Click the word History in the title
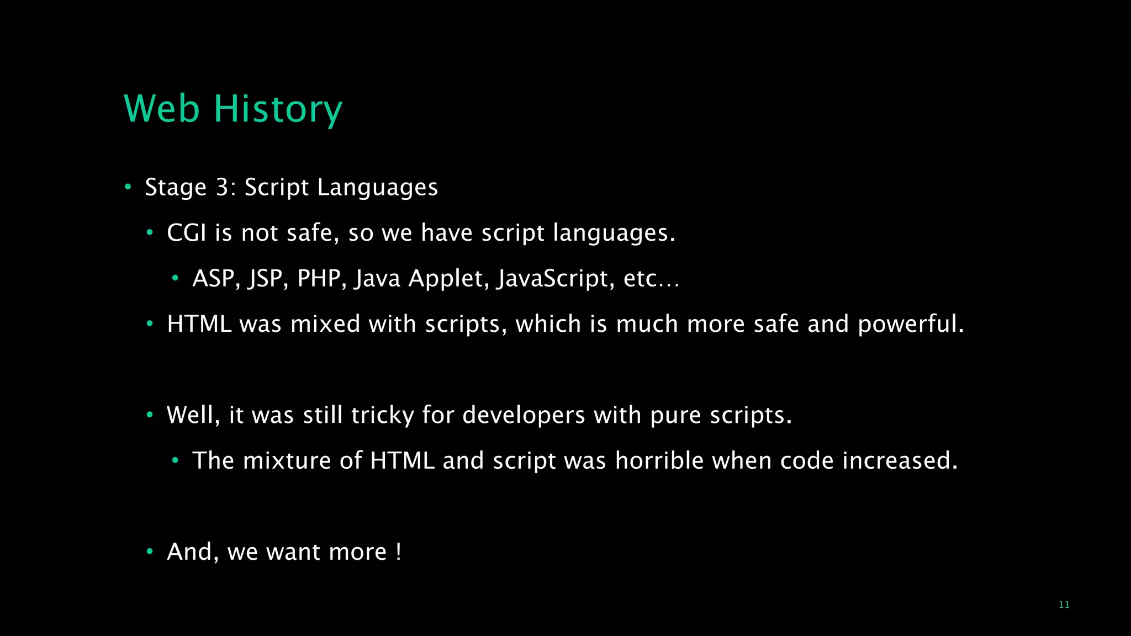[278, 109]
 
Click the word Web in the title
[161, 109]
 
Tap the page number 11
[1064, 605]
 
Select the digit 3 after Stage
[222, 187]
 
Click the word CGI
[186, 232]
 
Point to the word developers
[524, 415]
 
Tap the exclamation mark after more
[398, 552]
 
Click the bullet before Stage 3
[128, 187]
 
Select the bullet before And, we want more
[149, 552]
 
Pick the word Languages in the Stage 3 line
[377, 187]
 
